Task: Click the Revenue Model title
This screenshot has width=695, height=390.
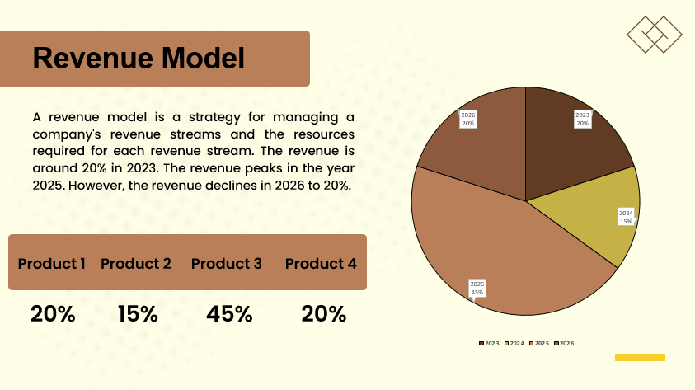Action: point(139,59)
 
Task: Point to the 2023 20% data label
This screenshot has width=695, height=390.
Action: point(582,119)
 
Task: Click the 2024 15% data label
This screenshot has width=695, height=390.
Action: point(626,217)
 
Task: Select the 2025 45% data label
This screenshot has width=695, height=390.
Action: point(477,288)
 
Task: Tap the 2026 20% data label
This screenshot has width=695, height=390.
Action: point(467,119)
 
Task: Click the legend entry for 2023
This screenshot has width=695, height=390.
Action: point(490,343)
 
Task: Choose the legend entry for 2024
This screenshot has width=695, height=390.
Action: point(514,343)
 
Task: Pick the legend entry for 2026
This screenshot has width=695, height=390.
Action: point(564,343)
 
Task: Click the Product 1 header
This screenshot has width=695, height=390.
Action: point(52,264)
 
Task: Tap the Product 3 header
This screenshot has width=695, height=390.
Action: point(227,264)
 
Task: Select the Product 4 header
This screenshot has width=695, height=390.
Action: point(321,264)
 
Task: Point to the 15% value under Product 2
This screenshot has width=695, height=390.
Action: point(137,314)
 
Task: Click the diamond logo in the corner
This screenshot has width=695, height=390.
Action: point(655,34)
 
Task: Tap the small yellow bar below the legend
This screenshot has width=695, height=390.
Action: point(640,357)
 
